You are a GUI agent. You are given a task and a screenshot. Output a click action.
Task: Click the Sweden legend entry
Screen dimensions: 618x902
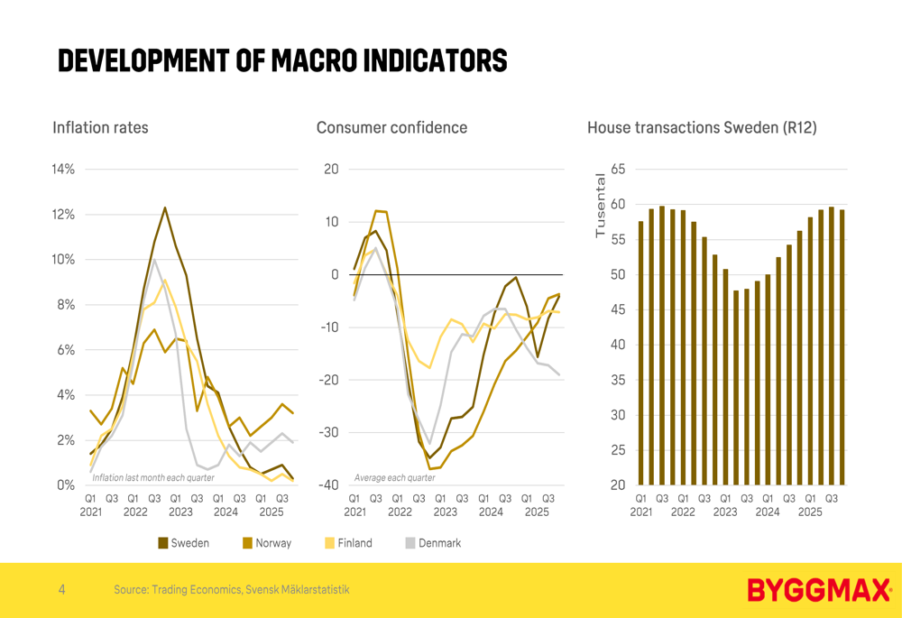coord(184,543)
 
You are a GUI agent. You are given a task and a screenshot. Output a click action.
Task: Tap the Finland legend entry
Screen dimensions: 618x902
coord(349,543)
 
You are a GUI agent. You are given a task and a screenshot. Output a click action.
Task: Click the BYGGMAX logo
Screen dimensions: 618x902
coord(819,591)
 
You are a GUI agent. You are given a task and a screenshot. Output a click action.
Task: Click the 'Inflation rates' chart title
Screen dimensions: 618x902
coord(100,128)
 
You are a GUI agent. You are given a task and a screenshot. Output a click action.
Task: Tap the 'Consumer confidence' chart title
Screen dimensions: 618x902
coord(391,128)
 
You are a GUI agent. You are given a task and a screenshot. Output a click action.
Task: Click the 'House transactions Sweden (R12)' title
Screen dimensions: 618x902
coord(702,128)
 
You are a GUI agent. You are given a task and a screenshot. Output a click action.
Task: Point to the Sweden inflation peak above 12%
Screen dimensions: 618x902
coord(165,208)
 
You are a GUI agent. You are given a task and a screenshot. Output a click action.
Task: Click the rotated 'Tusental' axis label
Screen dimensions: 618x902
coord(601,205)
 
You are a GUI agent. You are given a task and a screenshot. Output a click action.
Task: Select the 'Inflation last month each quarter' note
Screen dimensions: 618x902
coord(153,477)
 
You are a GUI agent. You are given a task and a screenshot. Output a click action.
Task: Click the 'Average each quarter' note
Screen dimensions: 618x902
coord(394,477)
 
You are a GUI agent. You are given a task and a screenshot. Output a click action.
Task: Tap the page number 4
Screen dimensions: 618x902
coord(61,590)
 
